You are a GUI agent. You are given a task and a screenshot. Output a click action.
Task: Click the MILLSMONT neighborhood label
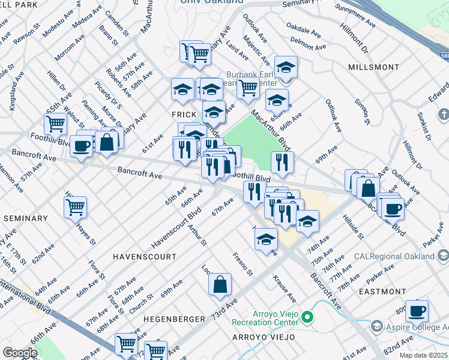coord(373,66)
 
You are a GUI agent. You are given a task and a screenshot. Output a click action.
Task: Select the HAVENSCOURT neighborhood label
coord(145,256)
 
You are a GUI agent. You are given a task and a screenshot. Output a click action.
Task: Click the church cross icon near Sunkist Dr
coord(443,113)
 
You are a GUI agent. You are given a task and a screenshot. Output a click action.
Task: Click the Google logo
coord(20,353)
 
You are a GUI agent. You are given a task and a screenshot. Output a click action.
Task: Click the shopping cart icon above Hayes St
coord(75,207)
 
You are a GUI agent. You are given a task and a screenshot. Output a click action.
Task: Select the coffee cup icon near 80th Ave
coord(417,311)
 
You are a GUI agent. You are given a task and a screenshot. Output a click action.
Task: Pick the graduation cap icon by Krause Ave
coord(266,240)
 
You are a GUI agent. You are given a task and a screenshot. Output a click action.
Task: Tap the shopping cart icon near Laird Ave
coord(248,88)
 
